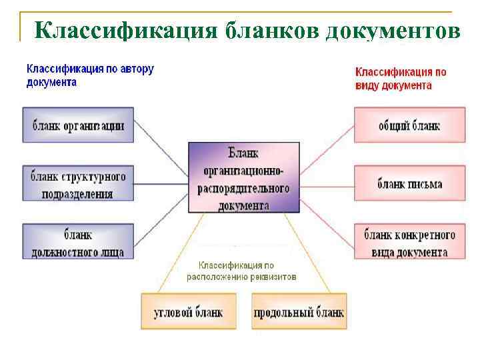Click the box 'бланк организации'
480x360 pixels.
coord(78,125)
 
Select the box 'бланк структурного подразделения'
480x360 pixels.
coord(78,185)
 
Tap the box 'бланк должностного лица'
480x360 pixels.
coord(78,243)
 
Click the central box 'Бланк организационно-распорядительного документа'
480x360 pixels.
coord(243,177)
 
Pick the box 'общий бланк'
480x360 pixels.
coord(409,125)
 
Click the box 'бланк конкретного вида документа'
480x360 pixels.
coord(409,243)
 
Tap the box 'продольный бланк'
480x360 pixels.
coord(298,311)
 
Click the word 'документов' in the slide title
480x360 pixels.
coord(392,31)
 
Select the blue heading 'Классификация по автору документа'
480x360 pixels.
coord(90,75)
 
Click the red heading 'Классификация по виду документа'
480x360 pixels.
coord(400,78)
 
